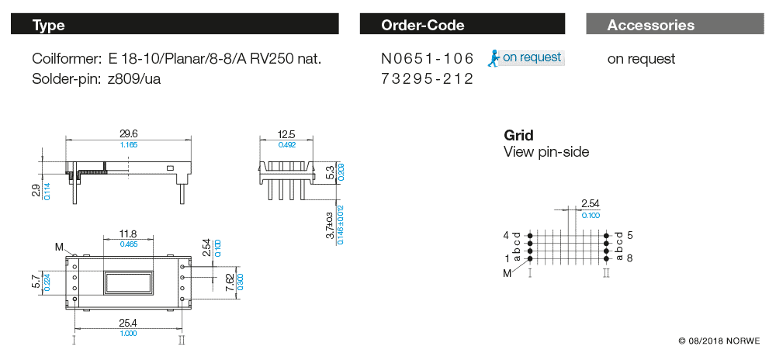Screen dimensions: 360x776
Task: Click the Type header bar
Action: tap(175, 25)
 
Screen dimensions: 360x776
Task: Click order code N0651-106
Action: tap(427, 59)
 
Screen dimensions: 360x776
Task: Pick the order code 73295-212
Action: tap(427, 78)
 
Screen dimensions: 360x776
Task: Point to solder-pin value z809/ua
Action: tap(134, 78)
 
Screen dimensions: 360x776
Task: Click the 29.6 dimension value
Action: tap(129, 133)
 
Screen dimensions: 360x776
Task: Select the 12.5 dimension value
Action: tap(287, 133)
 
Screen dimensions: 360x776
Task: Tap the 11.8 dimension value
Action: tap(129, 233)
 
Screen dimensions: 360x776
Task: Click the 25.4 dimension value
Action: tap(129, 323)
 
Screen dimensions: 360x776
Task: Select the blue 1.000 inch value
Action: tap(129, 333)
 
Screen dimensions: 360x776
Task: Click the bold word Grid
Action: tap(518, 135)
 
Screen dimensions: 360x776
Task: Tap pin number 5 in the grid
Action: tap(629, 234)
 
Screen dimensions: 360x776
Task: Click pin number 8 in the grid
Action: tap(629, 258)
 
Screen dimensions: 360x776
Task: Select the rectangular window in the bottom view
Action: tap(129, 280)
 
